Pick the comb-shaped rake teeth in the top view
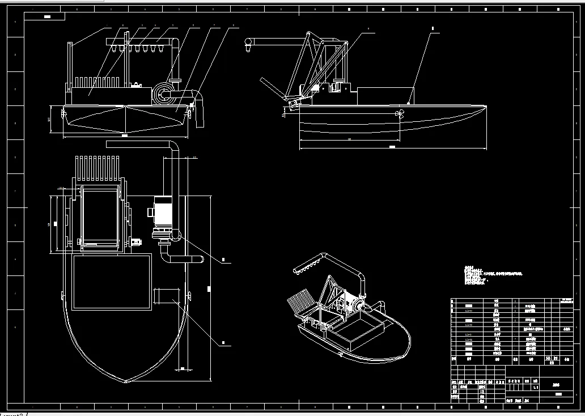tap(97, 165)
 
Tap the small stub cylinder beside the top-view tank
tap(166, 296)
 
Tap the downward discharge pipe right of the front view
tap(199, 113)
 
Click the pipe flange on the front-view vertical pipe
tap(176, 79)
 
